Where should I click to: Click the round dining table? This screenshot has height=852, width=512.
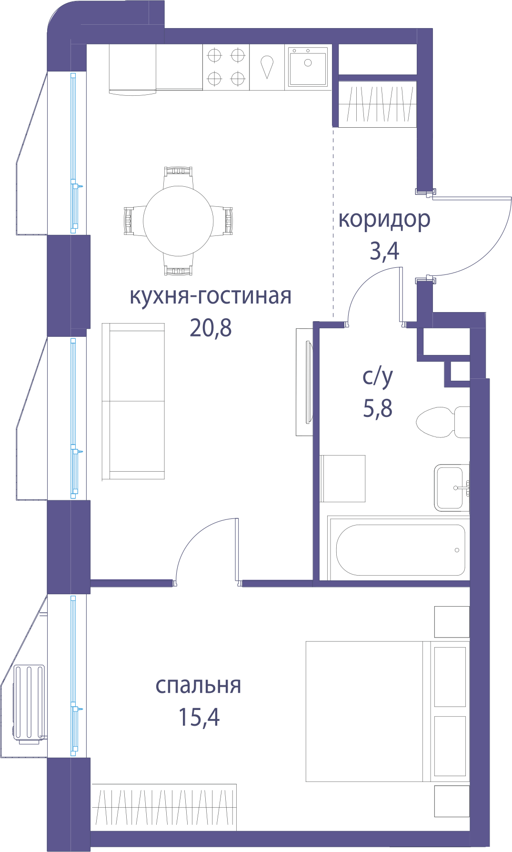click(178, 221)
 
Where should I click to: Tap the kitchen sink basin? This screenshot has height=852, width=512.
click(308, 66)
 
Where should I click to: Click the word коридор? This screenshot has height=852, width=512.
click(384, 220)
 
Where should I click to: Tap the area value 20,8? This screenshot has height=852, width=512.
click(211, 328)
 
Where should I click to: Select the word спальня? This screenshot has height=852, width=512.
click(198, 686)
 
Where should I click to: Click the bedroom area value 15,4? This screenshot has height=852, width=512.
click(199, 717)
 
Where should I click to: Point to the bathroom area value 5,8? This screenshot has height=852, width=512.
click(378, 408)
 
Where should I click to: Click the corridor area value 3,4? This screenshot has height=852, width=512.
click(384, 251)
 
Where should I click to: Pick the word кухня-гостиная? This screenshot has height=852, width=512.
click(211, 296)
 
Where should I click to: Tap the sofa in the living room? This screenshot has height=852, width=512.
click(133, 401)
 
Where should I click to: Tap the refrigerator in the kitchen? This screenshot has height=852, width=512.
click(132, 69)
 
